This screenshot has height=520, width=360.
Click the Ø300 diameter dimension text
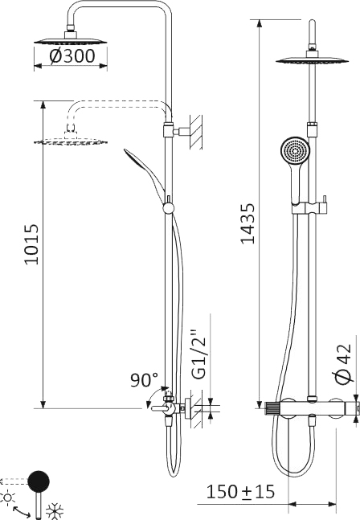[72, 55]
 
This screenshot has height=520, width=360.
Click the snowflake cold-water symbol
[55, 510]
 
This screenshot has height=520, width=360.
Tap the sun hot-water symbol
[9, 497]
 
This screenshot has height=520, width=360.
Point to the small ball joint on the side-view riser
[168, 208]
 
